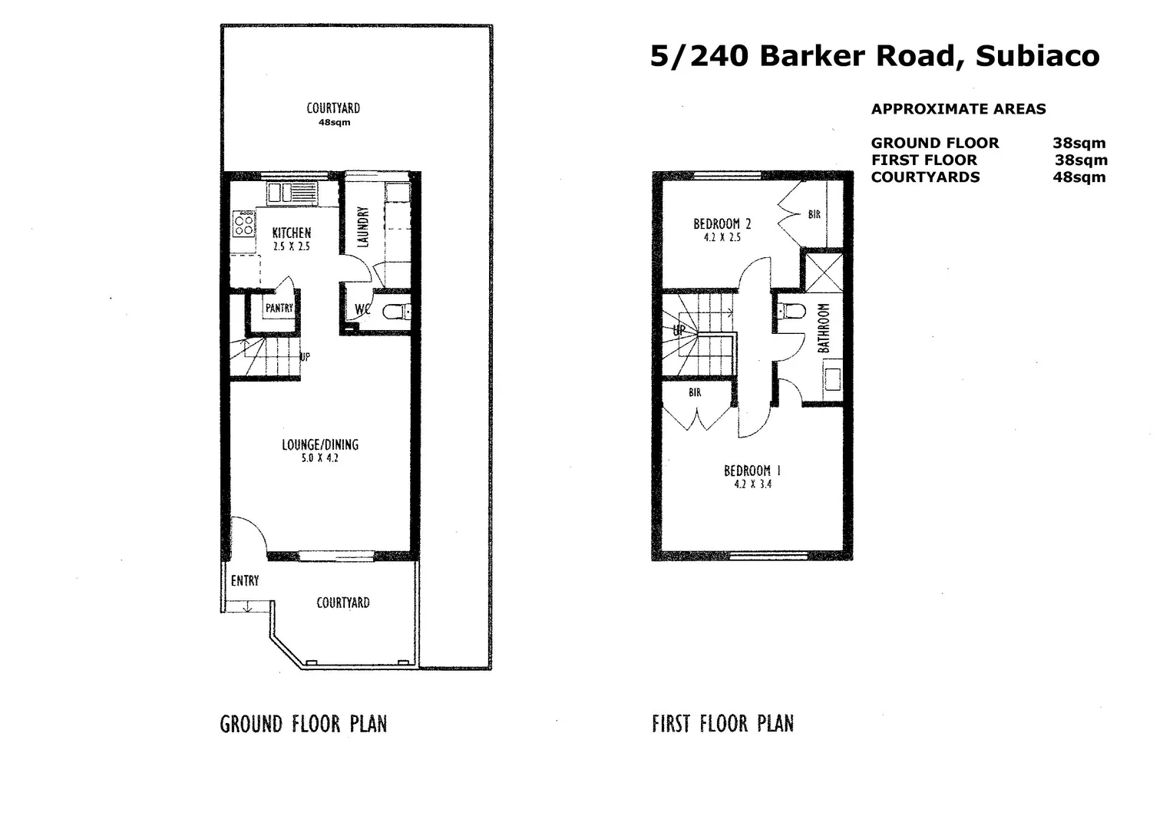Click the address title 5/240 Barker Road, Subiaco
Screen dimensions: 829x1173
[874, 56]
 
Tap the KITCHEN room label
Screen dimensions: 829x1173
[292, 233]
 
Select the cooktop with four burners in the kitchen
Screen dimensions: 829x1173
[244, 225]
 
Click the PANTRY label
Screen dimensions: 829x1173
[279, 308]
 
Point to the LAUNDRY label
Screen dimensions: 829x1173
[364, 227]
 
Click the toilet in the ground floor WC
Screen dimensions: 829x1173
[395, 312]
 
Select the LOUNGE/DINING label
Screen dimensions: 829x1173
[319, 444]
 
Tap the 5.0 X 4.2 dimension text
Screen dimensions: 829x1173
[319, 458]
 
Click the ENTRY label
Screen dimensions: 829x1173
[245, 581]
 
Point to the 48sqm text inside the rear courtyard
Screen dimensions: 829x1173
[334, 123]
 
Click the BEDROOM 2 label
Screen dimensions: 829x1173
[722, 224]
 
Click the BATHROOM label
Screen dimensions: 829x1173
[824, 329]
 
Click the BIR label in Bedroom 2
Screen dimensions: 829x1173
[814, 215]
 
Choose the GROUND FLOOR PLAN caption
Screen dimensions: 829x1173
[303, 724]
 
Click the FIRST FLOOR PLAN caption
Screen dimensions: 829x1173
[722, 724]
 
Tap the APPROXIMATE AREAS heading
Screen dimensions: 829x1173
[958, 109]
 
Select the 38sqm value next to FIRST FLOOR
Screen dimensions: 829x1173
[1081, 160]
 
